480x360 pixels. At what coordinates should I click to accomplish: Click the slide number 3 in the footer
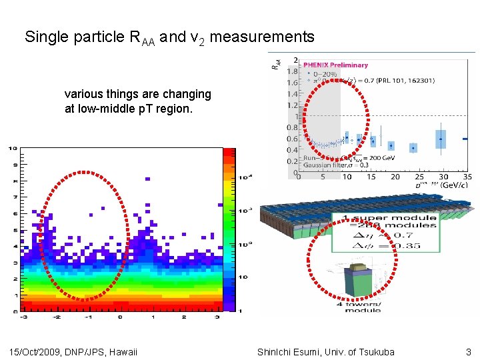(x=469, y=352)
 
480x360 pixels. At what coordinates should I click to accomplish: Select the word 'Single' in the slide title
(x=47, y=37)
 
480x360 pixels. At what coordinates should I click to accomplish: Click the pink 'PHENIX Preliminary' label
(x=335, y=65)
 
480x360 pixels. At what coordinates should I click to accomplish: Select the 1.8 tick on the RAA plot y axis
(x=292, y=71)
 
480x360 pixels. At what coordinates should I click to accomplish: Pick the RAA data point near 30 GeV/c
(x=441, y=139)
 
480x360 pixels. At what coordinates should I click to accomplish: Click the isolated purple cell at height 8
(x=147, y=179)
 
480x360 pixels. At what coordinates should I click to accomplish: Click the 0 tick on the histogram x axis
(x=120, y=317)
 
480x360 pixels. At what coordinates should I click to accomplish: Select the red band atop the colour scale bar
(x=229, y=153)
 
